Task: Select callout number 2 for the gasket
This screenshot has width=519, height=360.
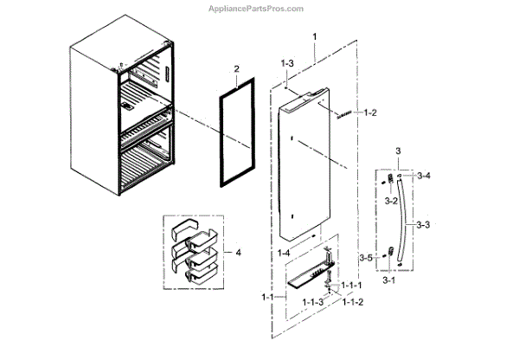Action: click(235, 67)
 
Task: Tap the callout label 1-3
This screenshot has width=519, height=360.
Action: click(287, 65)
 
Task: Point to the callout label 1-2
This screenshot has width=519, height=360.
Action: click(369, 112)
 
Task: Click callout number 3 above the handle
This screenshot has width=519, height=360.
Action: click(399, 151)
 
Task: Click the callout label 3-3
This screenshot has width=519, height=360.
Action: click(424, 225)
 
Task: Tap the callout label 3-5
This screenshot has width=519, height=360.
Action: click(366, 258)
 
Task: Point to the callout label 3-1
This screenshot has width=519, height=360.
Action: click(390, 281)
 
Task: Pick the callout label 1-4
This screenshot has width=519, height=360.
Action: click(285, 253)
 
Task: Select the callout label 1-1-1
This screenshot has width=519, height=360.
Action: click(351, 285)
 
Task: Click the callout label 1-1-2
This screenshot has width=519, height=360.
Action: click(352, 303)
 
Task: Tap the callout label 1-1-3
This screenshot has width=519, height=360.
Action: click(312, 302)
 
